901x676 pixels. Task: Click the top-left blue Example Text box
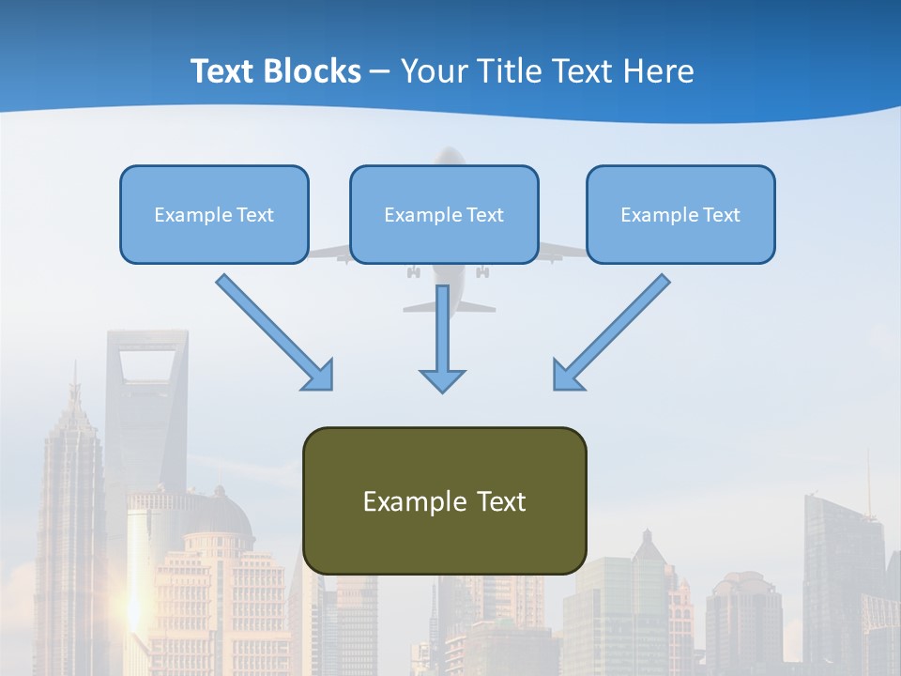coord(214,215)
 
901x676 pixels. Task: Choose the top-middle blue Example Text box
coord(444,215)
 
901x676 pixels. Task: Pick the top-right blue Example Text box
coord(680,215)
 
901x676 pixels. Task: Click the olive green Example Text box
coord(444,501)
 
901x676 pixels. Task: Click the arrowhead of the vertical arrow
coord(442,379)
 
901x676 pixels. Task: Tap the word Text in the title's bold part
coord(225,71)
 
